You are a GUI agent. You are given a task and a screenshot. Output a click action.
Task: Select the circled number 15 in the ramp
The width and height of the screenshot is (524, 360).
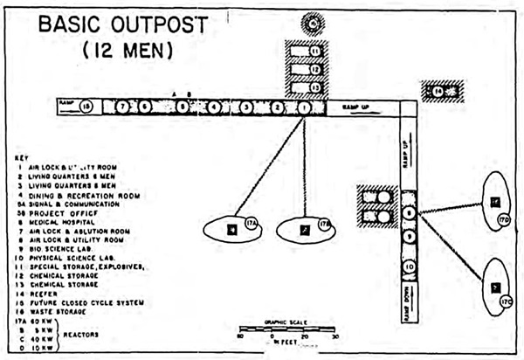pos(86,107)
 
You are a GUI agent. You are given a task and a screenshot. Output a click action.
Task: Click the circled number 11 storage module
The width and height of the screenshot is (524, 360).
pos(314,51)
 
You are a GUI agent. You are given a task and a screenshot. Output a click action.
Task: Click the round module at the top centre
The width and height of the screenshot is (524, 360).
pos(312,23)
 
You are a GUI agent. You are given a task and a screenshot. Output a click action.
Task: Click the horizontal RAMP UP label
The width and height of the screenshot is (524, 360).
pos(356,107)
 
